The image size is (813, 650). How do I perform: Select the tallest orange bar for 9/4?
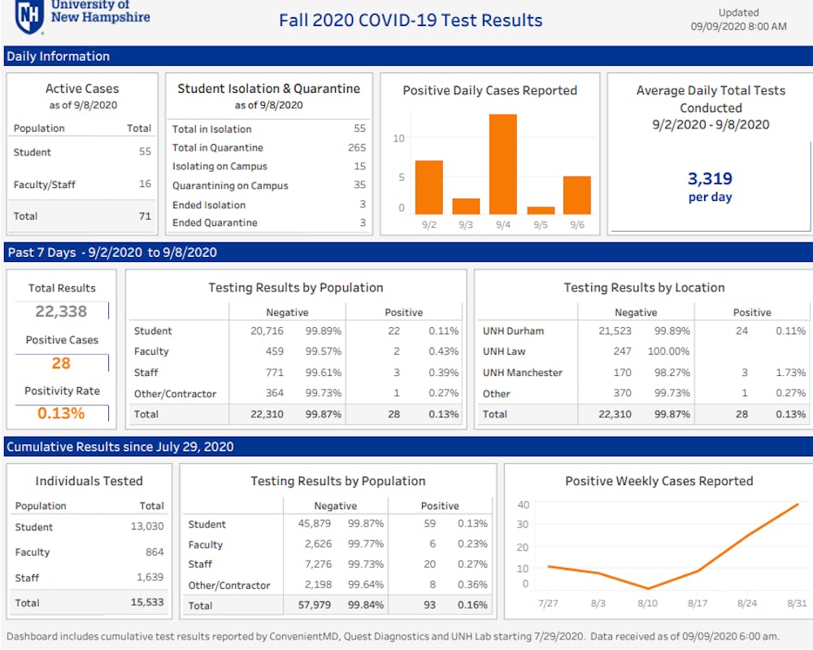[502, 164]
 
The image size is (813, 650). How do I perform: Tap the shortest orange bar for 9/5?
[541, 210]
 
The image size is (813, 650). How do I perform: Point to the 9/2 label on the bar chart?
[428, 225]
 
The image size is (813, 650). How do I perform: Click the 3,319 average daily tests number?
[710, 179]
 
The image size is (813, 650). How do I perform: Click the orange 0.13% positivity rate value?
[61, 413]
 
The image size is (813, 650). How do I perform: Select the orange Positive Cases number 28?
[61, 363]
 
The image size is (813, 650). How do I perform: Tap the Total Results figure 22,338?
[61, 311]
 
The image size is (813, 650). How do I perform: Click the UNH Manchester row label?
[522, 373]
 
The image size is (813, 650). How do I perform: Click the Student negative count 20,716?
[267, 331]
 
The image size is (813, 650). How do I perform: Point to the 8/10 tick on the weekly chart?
[648, 603]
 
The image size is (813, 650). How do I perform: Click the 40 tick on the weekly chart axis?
[524, 505]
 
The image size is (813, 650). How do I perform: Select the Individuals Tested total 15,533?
[146, 603]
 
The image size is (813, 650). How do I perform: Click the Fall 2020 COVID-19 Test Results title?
[411, 21]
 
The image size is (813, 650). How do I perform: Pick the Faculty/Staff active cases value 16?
[145, 184]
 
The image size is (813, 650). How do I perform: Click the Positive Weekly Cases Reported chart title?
[659, 481]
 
